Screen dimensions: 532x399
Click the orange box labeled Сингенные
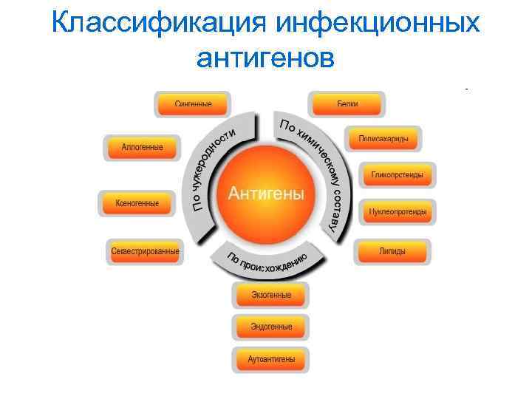193,104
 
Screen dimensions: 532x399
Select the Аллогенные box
142,147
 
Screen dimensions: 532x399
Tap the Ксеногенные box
137,202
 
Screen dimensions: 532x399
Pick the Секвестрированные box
145,251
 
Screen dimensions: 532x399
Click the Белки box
347,104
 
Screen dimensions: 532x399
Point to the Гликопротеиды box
398,175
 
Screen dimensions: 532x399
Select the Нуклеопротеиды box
398,212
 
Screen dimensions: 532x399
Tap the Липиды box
392,251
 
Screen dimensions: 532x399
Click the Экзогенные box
270,295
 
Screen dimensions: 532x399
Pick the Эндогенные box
270,327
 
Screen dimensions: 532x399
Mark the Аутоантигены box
270,359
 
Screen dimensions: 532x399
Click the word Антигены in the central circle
266,194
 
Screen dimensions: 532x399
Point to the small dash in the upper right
467,89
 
